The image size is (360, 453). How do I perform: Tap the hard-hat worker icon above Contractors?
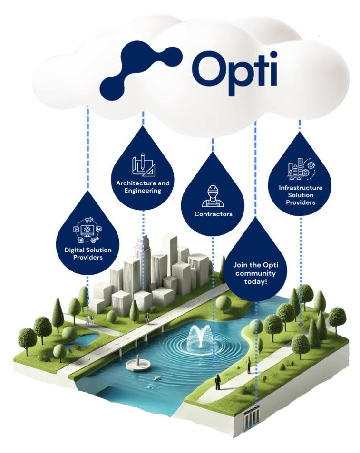coord(213,196)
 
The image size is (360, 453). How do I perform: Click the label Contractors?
coord(213,214)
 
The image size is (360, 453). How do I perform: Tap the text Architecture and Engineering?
coord(143,187)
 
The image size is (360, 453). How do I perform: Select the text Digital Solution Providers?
coord(88,253)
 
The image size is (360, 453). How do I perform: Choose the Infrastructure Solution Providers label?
coord(301,195)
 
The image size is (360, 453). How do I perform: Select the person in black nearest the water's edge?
coord(218,382)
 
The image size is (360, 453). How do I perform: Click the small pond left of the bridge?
coord(86,339)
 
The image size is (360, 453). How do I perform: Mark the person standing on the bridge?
coord(147,318)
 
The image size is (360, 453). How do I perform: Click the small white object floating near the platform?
coord(156,379)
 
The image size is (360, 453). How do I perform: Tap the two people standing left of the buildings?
coord(90,319)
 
